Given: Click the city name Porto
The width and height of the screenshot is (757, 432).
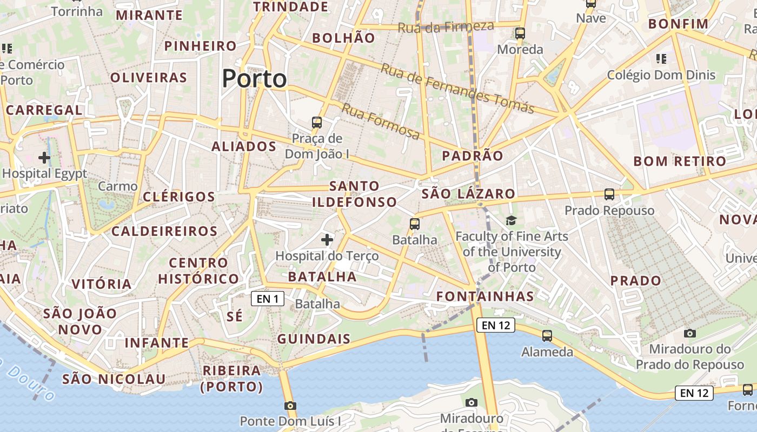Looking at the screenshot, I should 254,79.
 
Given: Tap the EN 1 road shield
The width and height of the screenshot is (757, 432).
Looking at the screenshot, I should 268,299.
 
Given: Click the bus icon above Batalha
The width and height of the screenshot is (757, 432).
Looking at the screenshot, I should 415,224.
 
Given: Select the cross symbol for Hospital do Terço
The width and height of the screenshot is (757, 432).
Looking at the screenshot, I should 327,239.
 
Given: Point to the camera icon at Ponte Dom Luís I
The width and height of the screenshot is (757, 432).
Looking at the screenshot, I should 290,406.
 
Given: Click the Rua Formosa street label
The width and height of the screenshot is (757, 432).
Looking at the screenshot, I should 381,122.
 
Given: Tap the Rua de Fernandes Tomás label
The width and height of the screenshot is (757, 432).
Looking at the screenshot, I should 457,89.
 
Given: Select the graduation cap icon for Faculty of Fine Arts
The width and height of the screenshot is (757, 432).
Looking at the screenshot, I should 511,220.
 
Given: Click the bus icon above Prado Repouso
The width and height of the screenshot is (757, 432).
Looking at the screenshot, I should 609,194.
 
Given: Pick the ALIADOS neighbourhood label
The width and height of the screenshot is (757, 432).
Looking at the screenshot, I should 244,146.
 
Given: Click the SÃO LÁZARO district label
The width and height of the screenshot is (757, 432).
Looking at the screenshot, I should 468,194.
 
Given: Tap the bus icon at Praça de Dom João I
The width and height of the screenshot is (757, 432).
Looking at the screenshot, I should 317,123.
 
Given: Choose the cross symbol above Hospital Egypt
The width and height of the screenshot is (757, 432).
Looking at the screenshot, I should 44,158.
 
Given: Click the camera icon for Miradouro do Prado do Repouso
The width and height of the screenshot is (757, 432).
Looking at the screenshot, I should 690,333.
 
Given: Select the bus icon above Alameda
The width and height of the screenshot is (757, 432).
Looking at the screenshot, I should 547,336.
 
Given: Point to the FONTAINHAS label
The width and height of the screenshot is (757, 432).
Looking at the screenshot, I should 485,296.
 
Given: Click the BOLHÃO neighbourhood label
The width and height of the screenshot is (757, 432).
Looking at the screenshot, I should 343,38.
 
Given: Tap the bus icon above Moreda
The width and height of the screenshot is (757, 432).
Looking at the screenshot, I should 520,33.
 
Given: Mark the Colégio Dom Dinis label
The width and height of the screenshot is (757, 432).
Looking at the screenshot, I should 661,75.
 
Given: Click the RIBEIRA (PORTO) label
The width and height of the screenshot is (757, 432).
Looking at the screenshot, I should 231,379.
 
